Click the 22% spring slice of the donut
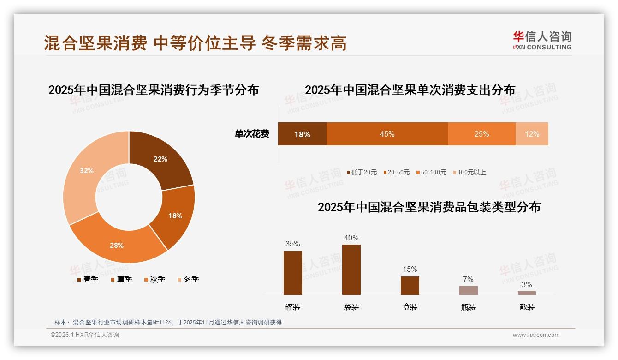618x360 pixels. tap(161, 159)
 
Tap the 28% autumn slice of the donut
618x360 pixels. tap(118, 245)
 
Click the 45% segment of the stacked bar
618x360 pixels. tap(387, 134)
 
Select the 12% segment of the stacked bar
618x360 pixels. tap(532, 134)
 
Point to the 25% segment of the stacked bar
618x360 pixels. tap(481, 134)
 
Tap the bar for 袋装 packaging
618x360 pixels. tap(351, 270)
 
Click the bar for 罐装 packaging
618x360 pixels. tap(292, 273)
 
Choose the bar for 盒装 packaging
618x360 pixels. tap(410, 285)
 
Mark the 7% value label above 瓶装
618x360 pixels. tap(468, 279)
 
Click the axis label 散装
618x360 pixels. tap(527, 307)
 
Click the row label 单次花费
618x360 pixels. tap(252, 134)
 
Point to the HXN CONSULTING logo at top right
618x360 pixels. tap(542, 41)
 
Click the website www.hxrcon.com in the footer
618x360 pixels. tap(536, 335)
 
